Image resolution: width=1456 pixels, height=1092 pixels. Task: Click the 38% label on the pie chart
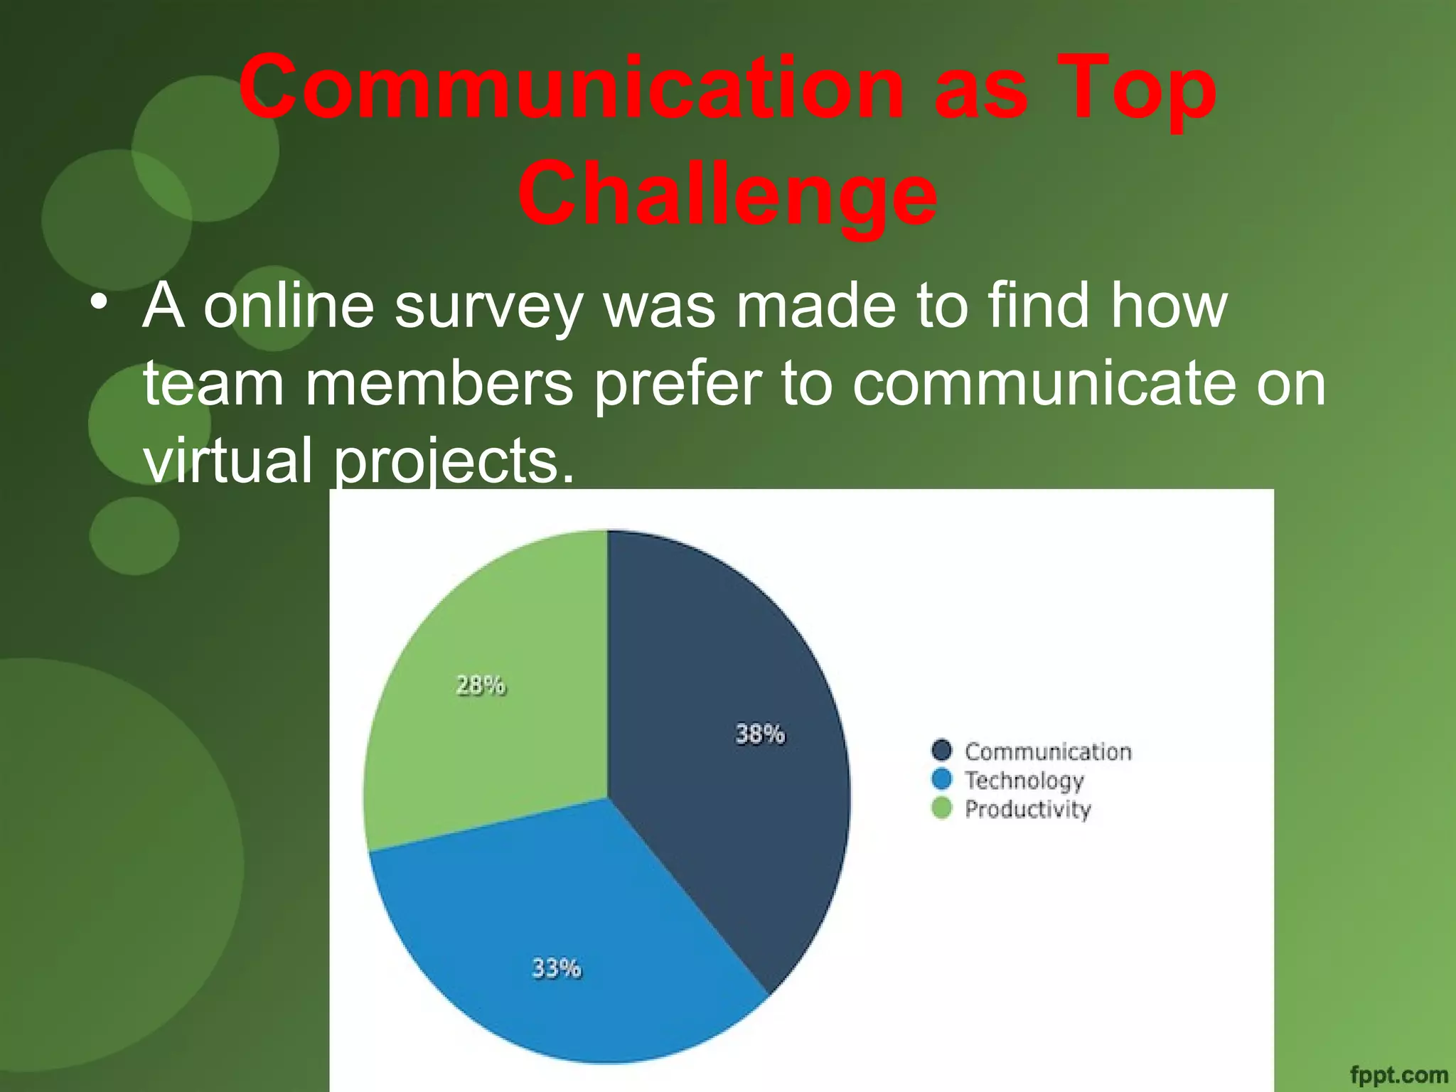click(759, 734)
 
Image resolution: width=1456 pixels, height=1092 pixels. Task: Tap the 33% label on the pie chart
click(557, 968)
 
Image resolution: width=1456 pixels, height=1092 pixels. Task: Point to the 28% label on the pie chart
click(481, 685)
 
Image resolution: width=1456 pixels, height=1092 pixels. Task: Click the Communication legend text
click(1048, 751)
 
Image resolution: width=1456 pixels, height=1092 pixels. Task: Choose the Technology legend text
click(1024, 781)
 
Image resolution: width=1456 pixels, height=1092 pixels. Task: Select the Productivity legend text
click(1027, 809)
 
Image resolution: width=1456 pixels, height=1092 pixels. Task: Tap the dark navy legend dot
click(941, 750)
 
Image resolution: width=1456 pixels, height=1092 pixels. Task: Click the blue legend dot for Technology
click(941, 779)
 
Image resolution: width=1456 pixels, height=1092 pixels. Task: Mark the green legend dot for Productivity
click(941, 808)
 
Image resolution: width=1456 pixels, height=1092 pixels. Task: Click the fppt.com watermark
click(1398, 1075)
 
